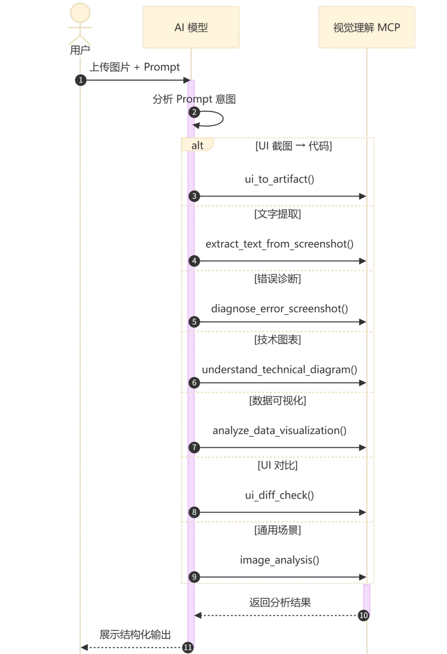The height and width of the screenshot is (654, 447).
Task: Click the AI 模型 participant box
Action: pos(192,27)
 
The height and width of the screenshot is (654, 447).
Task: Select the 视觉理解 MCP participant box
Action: pos(367,27)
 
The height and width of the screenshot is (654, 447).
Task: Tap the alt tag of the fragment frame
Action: pos(197,145)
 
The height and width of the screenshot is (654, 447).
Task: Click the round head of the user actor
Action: pos(81,13)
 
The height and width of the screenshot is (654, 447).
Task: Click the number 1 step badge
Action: pos(81,80)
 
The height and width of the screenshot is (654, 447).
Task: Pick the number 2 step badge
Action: pos(194,112)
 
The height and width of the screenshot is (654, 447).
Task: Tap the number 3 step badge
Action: pos(194,196)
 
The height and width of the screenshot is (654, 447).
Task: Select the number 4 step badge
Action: pos(194,261)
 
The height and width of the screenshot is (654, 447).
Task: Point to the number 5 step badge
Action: pos(194,322)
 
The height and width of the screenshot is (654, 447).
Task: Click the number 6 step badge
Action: pos(194,382)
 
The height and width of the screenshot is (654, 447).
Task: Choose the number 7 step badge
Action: pos(194,447)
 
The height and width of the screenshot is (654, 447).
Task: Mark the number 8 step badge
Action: pos(194,512)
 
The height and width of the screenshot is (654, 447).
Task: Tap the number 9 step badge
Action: pos(194,577)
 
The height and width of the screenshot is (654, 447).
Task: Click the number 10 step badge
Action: pos(363,615)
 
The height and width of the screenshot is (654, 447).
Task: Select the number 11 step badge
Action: pos(188,647)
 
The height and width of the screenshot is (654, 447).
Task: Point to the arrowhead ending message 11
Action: pos(84,647)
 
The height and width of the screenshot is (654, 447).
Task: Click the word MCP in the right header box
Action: pos(389,27)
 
